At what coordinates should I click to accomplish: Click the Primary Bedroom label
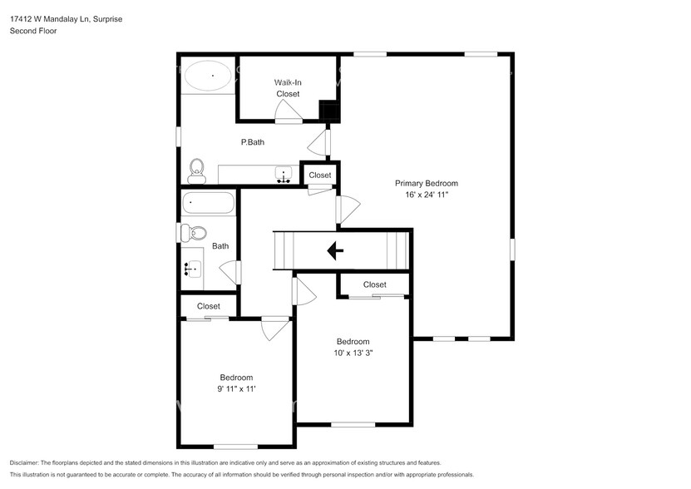pyautogui.click(x=426, y=183)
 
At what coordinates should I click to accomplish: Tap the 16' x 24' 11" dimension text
pyautogui.click(x=426, y=195)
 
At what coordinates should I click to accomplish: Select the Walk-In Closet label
pyautogui.click(x=288, y=88)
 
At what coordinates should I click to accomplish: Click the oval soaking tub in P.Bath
pyautogui.click(x=208, y=77)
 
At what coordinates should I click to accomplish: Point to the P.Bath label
pyautogui.click(x=253, y=142)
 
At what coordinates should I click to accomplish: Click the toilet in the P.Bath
pyautogui.click(x=197, y=170)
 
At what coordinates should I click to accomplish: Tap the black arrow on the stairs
pyautogui.click(x=336, y=250)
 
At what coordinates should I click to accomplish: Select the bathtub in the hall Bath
pyautogui.click(x=209, y=203)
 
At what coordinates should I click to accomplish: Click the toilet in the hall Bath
pyautogui.click(x=190, y=233)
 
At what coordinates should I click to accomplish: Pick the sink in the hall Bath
pyautogui.click(x=193, y=268)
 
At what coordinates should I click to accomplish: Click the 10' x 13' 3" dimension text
pyautogui.click(x=353, y=353)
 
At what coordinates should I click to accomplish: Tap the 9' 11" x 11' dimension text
pyautogui.click(x=236, y=388)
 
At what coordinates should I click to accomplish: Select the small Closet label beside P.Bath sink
pyautogui.click(x=320, y=175)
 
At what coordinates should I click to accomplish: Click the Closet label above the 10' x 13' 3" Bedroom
pyautogui.click(x=375, y=284)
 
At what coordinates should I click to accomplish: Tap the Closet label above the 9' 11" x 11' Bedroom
pyautogui.click(x=209, y=306)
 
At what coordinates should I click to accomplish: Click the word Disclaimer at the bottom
pyautogui.click(x=27, y=462)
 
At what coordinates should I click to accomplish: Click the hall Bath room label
pyautogui.click(x=220, y=246)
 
